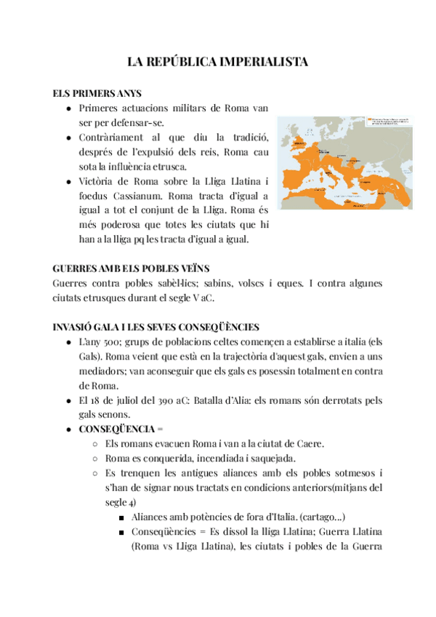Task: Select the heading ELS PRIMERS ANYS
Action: [x=97, y=94]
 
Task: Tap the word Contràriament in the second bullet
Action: [x=111, y=138]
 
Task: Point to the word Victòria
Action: [x=96, y=181]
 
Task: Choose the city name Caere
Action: [x=310, y=443]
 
